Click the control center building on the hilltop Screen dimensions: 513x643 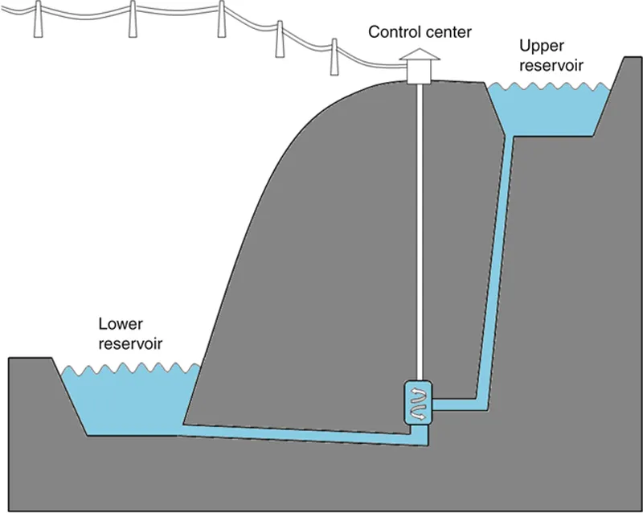[x=420, y=71]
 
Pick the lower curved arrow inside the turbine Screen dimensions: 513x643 [x=418, y=410]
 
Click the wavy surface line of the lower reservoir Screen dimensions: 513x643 [x=129, y=371]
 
